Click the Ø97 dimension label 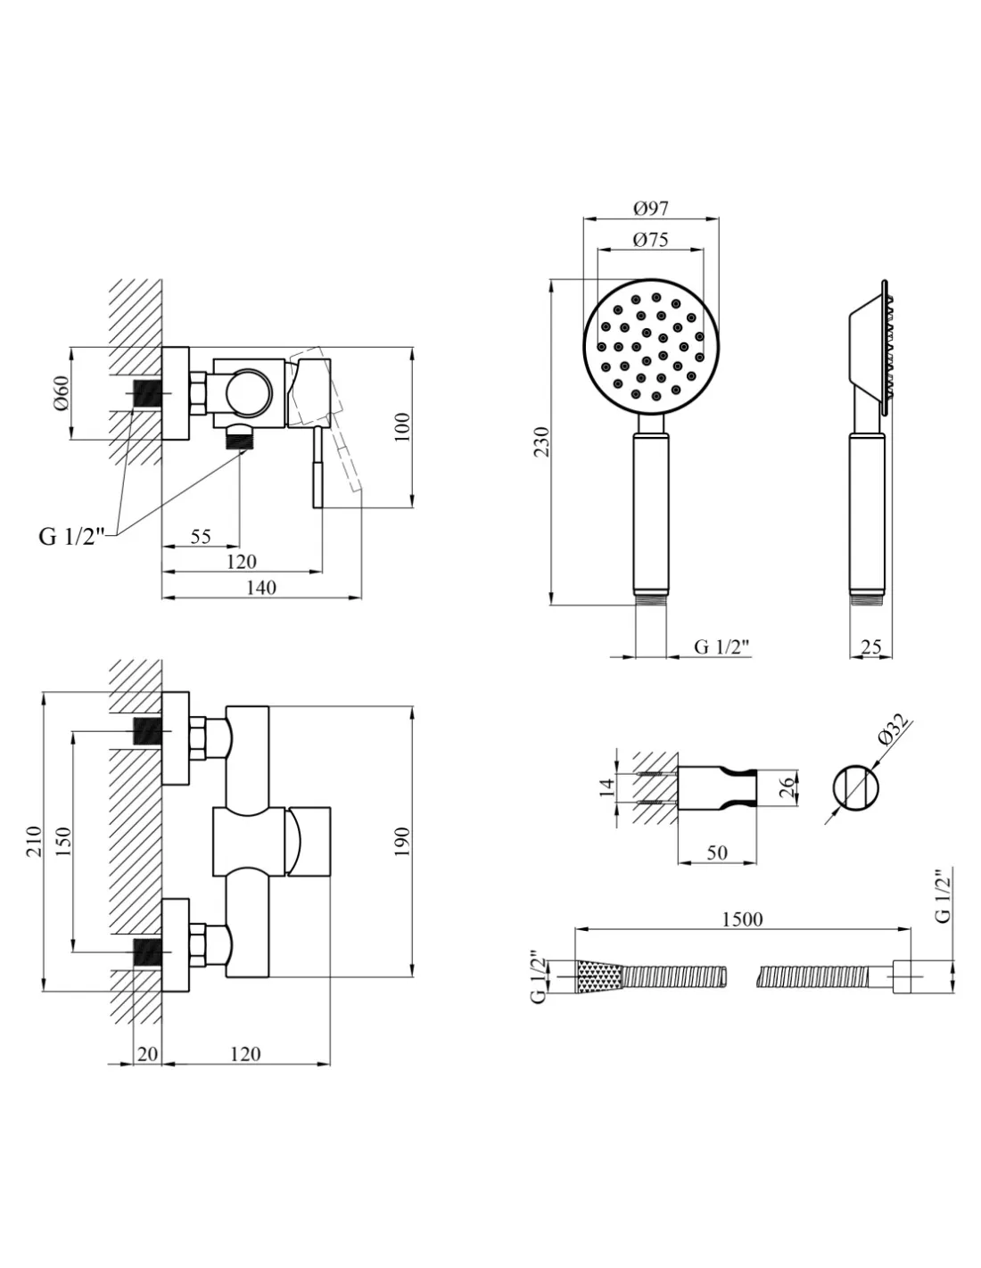coord(651,208)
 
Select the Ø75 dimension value coord(650,239)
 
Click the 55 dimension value coord(201,536)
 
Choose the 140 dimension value coord(260,587)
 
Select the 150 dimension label coord(63,843)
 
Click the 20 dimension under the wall coord(147,1053)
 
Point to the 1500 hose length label coord(742,918)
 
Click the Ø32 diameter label coord(893,731)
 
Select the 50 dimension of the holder coord(717,852)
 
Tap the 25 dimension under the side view coord(871,647)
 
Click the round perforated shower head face coord(650,346)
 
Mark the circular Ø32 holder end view coord(856,789)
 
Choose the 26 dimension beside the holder coord(786,787)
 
